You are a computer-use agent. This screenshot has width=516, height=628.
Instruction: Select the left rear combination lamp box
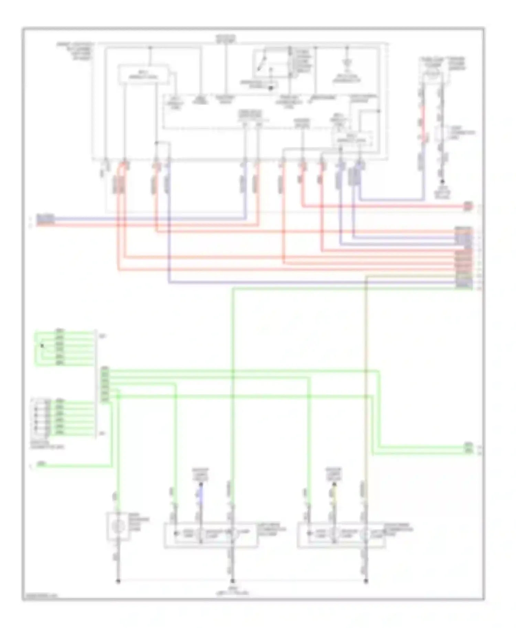click(x=210, y=536)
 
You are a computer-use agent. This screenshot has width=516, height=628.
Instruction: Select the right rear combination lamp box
click(x=341, y=536)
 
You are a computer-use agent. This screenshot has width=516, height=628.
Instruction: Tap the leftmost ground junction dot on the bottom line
click(x=118, y=581)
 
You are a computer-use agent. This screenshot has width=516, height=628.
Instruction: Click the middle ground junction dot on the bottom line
click(x=233, y=581)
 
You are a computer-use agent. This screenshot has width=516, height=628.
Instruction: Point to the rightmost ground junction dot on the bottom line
click(x=366, y=581)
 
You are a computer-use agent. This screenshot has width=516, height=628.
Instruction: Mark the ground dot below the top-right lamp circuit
click(x=442, y=181)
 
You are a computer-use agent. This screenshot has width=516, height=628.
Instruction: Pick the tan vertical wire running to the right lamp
click(x=366, y=378)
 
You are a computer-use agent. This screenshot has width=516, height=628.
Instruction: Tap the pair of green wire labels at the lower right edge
click(x=468, y=448)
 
